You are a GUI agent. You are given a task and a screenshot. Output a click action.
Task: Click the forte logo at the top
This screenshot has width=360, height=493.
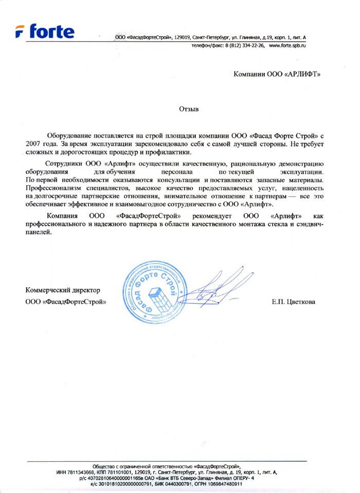point(45,32)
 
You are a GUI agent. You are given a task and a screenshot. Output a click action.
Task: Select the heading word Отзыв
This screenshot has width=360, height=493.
point(188,109)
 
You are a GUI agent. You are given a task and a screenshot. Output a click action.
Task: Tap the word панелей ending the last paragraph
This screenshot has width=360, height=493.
point(38,233)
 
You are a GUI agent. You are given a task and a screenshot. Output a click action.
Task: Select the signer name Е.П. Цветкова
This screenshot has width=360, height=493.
point(294,301)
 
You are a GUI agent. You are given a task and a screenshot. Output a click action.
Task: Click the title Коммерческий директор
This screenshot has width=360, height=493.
point(62,291)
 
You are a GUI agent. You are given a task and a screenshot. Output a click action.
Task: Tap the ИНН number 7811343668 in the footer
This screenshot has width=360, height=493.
point(84,472)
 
